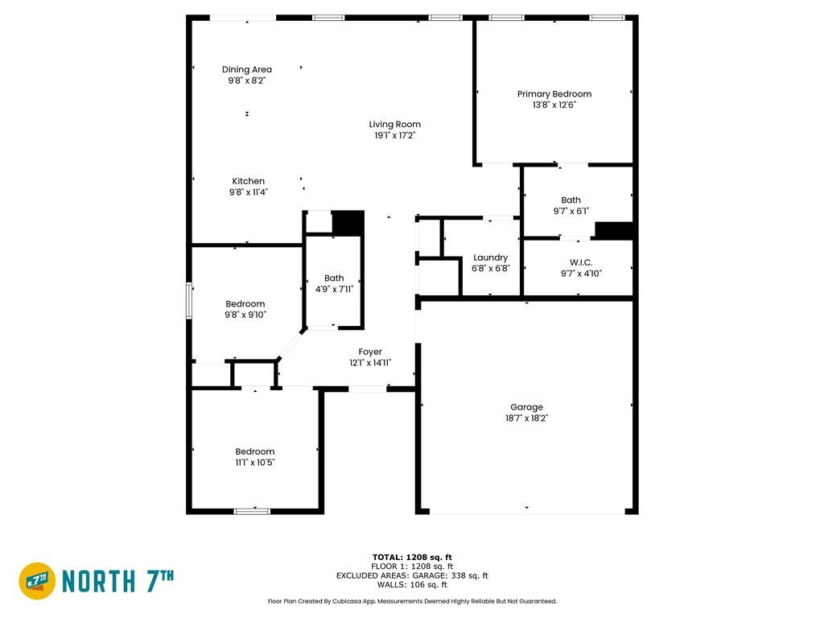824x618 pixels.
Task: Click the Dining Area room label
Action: tap(247, 69)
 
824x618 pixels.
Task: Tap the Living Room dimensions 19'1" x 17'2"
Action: tap(394, 135)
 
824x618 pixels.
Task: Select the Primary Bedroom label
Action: tap(554, 94)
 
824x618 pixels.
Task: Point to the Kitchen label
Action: tap(249, 181)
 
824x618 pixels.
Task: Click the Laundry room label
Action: tap(491, 257)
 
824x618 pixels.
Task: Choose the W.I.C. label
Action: tap(581, 262)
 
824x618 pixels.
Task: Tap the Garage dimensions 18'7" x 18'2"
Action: tap(526, 418)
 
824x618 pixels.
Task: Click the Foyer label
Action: tap(370, 352)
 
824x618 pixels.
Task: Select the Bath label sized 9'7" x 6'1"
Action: tap(571, 200)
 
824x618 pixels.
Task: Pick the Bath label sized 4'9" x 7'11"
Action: tap(334, 278)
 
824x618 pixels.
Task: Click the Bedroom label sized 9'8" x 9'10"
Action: tap(245, 303)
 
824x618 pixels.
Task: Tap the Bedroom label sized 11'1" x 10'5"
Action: tap(255, 451)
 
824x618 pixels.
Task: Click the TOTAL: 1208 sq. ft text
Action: tap(412, 557)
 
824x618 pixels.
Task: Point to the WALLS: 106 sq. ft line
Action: tap(412, 584)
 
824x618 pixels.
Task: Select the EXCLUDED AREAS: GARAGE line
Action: tap(412, 575)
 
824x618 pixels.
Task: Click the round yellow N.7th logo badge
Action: tap(37, 581)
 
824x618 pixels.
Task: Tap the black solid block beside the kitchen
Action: tap(348, 224)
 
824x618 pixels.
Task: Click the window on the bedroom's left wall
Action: tap(188, 301)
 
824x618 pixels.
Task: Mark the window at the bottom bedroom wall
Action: tap(252, 511)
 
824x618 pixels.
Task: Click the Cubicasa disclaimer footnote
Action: tap(412, 601)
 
